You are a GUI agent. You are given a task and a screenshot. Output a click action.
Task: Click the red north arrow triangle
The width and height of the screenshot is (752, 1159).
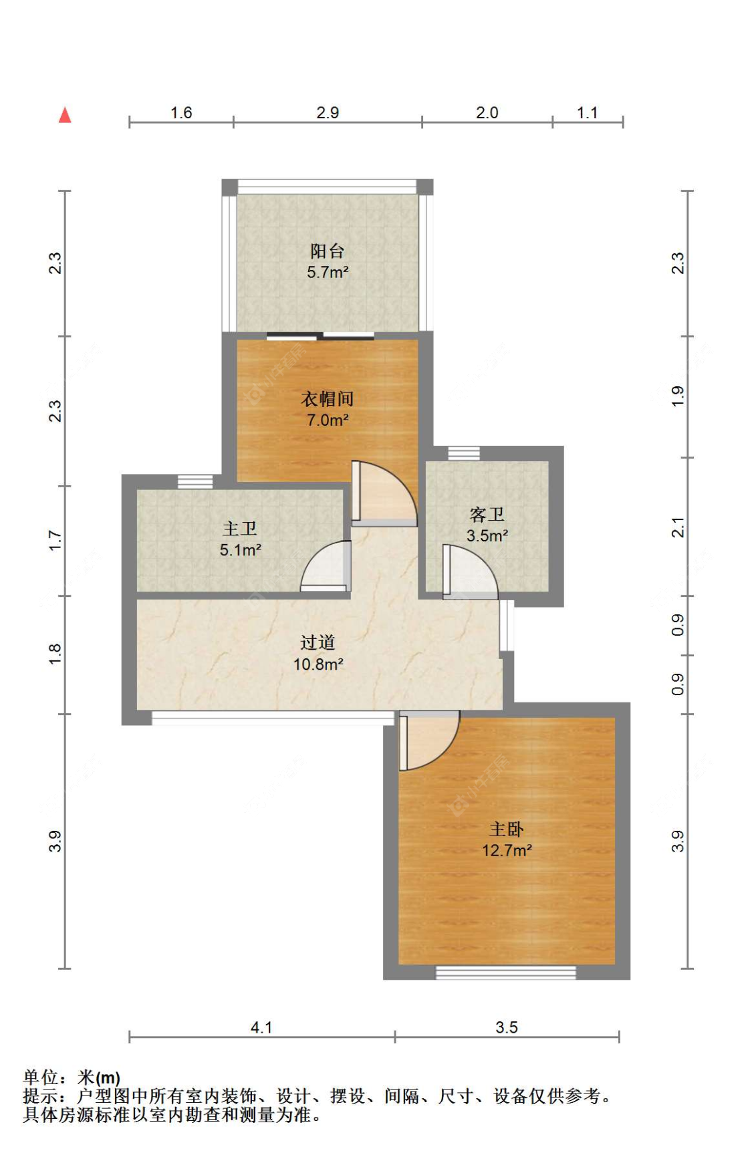[65, 115]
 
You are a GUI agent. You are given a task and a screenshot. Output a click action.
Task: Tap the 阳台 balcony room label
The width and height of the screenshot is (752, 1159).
[328, 251]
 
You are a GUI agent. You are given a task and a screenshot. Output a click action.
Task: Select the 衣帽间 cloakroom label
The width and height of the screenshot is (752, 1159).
[328, 399]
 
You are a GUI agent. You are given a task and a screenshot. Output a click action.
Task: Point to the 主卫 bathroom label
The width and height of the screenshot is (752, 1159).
[240, 529]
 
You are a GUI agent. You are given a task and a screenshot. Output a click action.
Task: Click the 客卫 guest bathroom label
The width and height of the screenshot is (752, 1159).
[487, 515]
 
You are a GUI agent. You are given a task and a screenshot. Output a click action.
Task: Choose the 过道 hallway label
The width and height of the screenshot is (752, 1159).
[318, 642]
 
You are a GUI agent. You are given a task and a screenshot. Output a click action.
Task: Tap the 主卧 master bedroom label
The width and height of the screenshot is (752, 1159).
[507, 829]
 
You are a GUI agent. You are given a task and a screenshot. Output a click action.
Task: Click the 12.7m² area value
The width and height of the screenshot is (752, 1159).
[507, 850]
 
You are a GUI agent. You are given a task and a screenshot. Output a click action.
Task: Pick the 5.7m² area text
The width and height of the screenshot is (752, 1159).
[328, 272]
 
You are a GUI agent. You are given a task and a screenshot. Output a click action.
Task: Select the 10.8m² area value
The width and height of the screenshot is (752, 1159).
[318, 664]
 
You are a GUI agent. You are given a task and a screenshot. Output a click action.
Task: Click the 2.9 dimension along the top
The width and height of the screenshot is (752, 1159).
[328, 112]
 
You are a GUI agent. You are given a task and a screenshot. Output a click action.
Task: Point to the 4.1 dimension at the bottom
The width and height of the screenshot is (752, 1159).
[261, 1027]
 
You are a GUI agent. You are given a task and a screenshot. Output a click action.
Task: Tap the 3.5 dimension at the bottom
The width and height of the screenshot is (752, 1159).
[507, 1027]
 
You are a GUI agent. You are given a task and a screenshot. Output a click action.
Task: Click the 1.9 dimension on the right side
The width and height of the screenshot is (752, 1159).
[678, 396]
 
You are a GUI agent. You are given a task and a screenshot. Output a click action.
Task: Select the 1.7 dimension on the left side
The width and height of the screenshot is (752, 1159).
[55, 540]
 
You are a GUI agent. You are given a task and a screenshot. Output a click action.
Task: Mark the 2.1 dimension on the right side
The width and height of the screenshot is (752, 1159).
[678, 527]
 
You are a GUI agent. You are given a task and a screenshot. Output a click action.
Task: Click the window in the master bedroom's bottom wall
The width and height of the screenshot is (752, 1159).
[506, 973]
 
